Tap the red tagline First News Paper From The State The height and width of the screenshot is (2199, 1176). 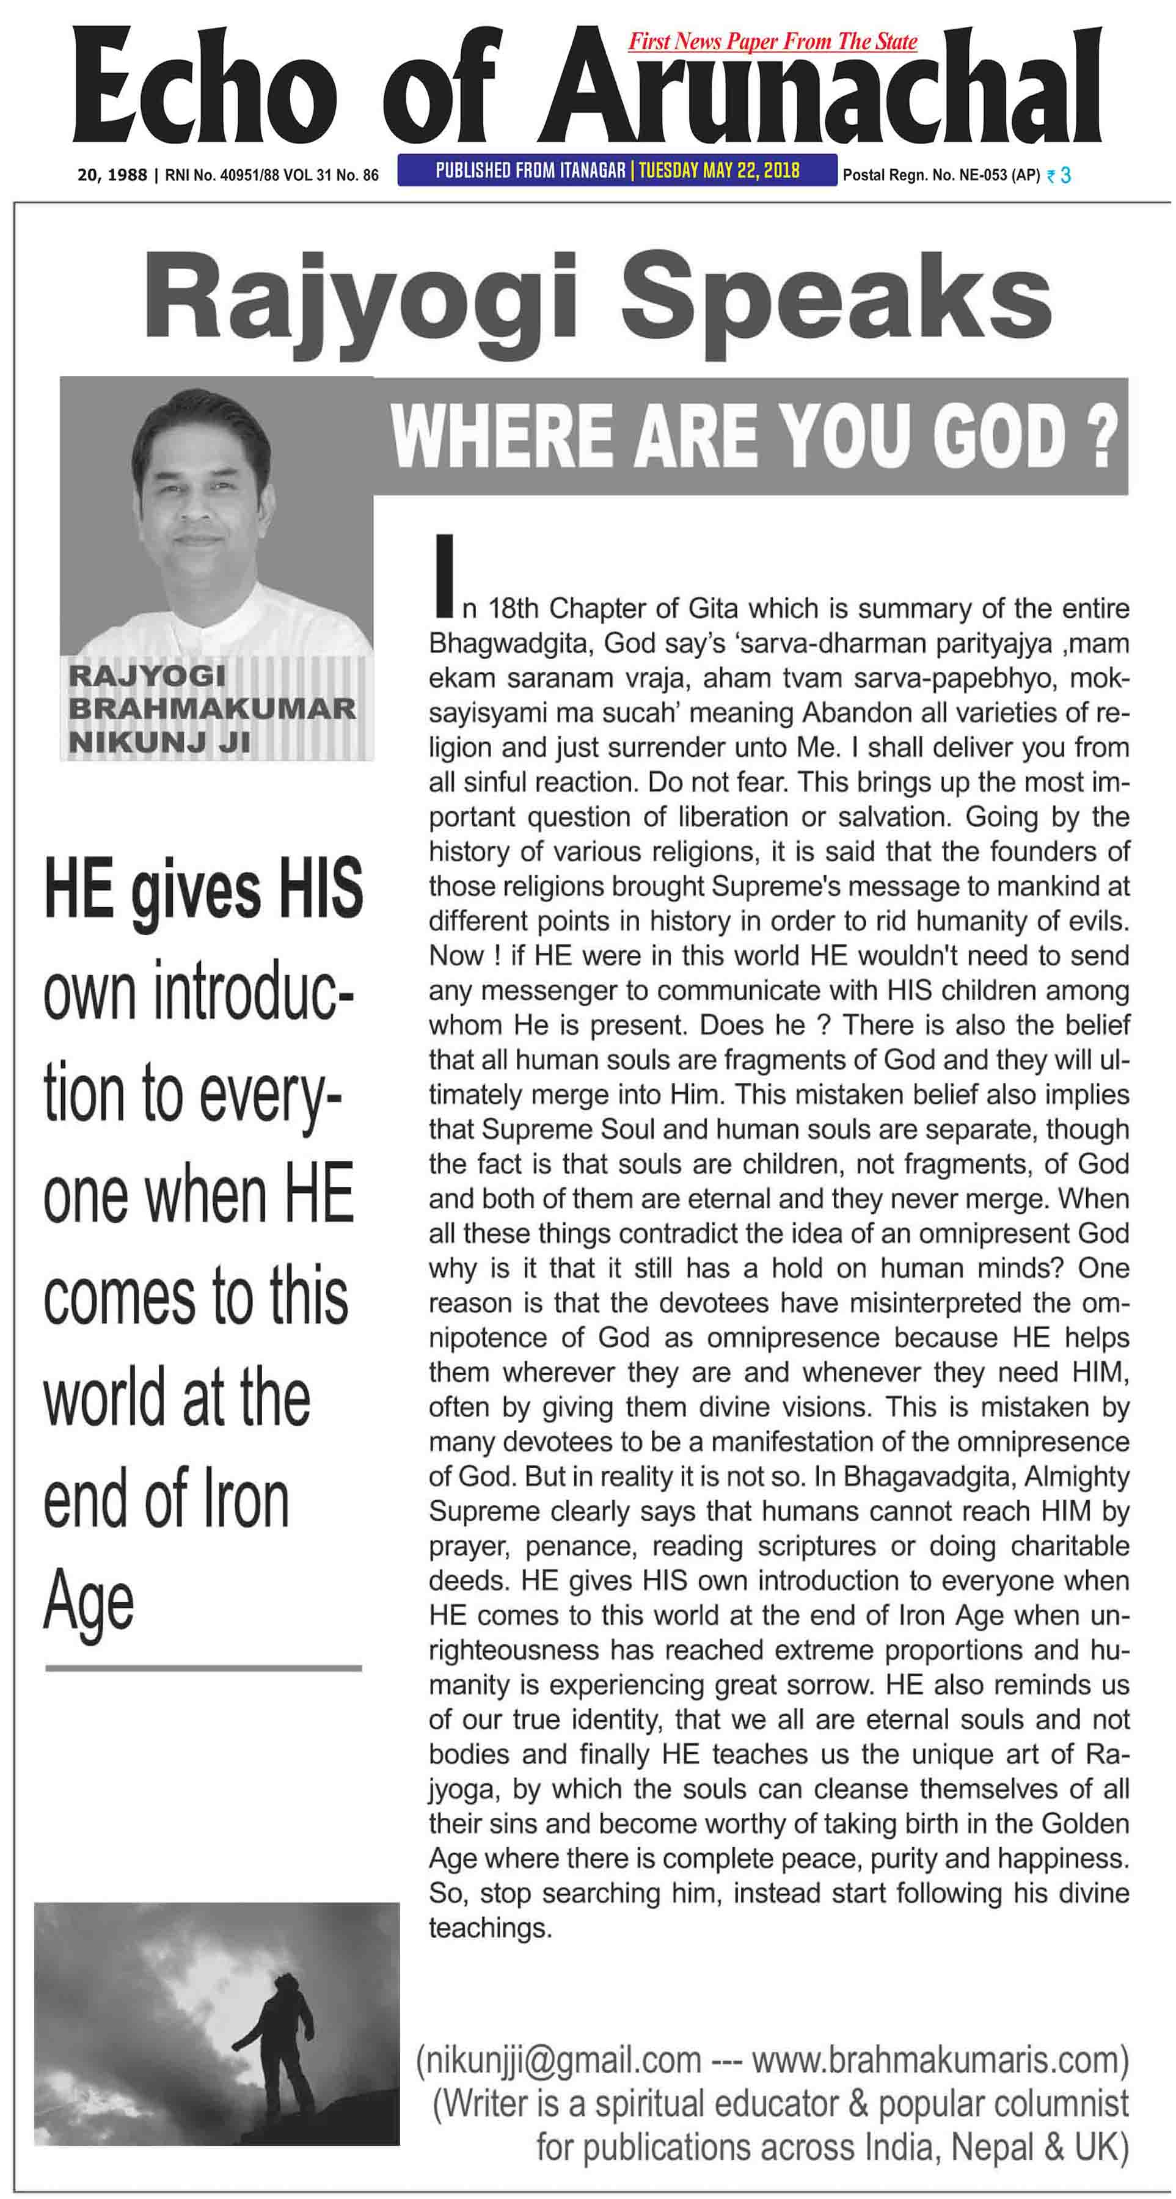point(772,41)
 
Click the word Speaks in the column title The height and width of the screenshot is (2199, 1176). point(835,296)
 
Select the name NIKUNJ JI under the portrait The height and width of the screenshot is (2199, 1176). point(159,743)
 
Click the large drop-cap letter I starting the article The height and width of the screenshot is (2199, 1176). point(442,575)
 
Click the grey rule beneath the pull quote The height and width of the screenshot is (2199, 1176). point(203,1667)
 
